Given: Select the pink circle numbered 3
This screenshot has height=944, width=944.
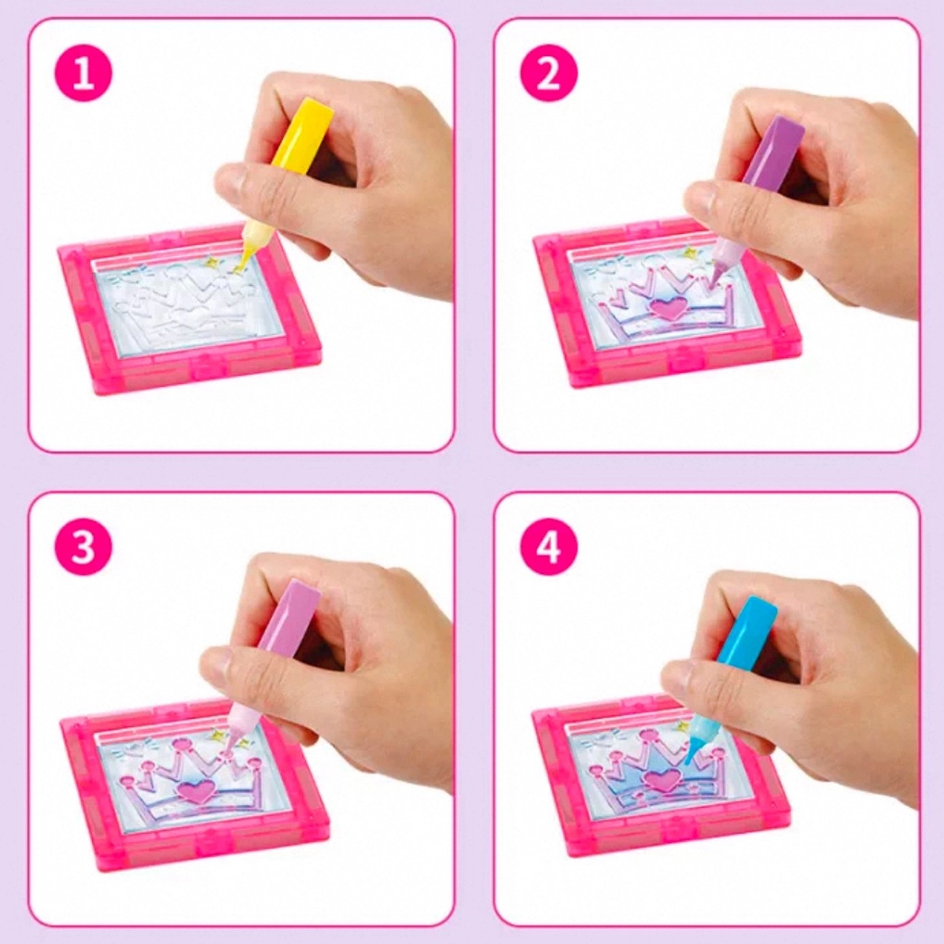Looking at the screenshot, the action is click(x=83, y=547).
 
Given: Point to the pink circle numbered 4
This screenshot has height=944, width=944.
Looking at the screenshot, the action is click(x=549, y=547).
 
